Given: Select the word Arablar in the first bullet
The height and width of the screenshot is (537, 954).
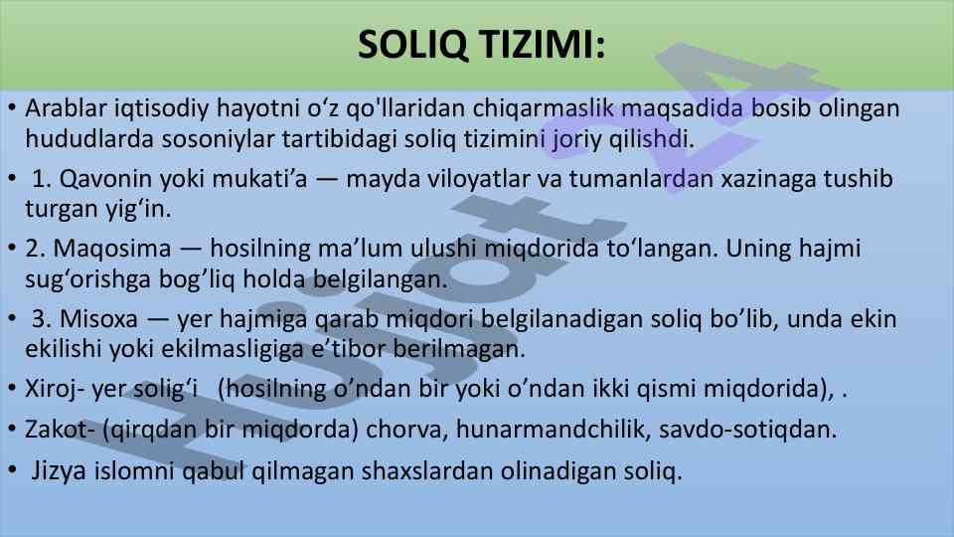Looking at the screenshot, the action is tap(66, 107).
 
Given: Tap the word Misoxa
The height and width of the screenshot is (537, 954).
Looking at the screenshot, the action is tap(99, 318).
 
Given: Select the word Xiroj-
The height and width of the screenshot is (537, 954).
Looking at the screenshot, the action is tap(51, 389).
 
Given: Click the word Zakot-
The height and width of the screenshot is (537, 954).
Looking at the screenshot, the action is tap(60, 430).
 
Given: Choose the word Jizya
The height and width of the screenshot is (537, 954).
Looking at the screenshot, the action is tap(59, 470).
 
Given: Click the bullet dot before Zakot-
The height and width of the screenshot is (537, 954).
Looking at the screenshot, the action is tap(12, 429).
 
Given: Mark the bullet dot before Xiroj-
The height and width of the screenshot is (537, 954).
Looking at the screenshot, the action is tap(12, 389).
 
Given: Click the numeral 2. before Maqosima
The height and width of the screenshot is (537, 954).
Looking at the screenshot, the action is tap(36, 249).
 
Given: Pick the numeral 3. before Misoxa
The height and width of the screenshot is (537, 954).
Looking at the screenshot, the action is tap(42, 318).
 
